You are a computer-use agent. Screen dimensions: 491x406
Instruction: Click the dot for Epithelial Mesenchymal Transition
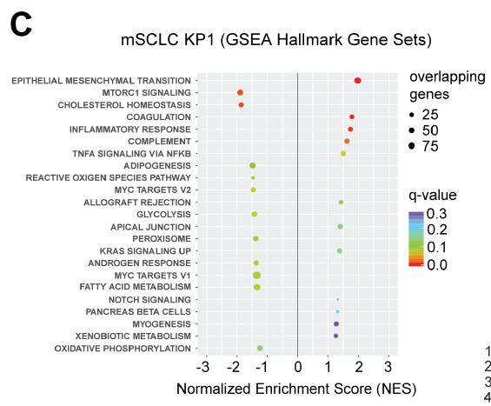[357, 81]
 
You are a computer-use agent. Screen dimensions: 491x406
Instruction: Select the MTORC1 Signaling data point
[240, 92]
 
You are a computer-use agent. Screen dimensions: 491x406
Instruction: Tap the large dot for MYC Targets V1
[256, 276]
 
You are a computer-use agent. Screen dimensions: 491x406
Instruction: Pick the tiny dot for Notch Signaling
[338, 300]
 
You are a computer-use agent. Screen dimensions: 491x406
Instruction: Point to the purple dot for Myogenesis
[336, 324]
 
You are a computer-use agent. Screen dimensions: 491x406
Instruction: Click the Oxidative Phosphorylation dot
[260, 348]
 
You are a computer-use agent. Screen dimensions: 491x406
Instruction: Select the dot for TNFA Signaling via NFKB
[343, 154]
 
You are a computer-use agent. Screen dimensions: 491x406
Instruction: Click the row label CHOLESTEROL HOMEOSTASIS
[124, 105]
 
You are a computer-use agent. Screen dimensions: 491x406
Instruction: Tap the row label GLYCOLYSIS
[163, 214]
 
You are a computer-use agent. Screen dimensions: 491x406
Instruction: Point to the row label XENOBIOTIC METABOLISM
[133, 336]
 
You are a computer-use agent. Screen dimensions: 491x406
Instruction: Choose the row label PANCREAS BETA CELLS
[138, 312]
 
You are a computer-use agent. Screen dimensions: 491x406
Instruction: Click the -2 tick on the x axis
[233, 367]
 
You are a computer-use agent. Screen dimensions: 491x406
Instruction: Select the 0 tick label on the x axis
[298, 367]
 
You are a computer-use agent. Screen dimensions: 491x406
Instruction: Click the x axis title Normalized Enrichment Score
[275, 389]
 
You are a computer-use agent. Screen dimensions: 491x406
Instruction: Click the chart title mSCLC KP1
[168, 40]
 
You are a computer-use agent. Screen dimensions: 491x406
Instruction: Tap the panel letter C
[21, 25]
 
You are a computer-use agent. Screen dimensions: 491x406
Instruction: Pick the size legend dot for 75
[412, 146]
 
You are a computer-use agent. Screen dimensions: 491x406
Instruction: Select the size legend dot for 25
[412, 116]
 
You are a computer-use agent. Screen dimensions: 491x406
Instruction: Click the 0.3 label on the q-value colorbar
[436, 214]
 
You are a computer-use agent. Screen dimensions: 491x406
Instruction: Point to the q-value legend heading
[433, 195]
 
